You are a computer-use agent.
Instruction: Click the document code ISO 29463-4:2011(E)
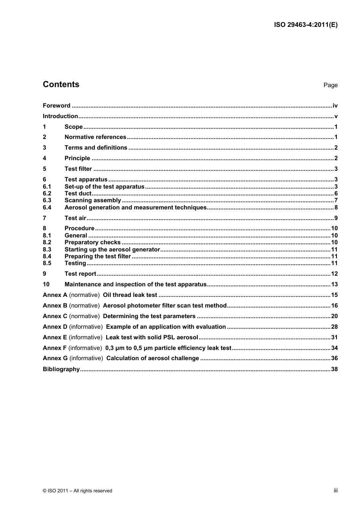click(x=305, y=25)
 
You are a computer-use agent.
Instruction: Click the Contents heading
click(x=61, y=84)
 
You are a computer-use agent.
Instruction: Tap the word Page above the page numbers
click(x=330, y=85)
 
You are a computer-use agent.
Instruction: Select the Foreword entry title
click(x=56, y=106)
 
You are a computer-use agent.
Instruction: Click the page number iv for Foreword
click(x=335, y=106)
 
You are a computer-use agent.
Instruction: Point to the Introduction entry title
click(x=60, y=116)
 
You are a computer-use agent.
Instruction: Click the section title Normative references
click(x=95, y=137)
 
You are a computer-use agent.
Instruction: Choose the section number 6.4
click(x=47, y=208)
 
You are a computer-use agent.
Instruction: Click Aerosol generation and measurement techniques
click(x=135, y=208)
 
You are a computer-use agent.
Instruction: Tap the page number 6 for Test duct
click(x=336, y=194)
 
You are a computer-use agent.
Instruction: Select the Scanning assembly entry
click(x=93, y=200)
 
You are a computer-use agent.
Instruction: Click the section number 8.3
click(x=47, y=250)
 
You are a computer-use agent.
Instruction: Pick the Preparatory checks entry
click(x=92, y=242)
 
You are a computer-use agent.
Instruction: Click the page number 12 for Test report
click(x=334, y=274)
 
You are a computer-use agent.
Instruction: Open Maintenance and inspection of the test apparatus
click(x=135, y=284)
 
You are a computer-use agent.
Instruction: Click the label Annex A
click(x=55, y=295)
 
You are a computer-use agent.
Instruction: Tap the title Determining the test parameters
click(x=149, y=316)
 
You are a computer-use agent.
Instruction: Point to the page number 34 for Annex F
click(x=334, y=348)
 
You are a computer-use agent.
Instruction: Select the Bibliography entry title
click(x=61, y=369)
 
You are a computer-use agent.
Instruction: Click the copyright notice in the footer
click(x=77, y=491)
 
